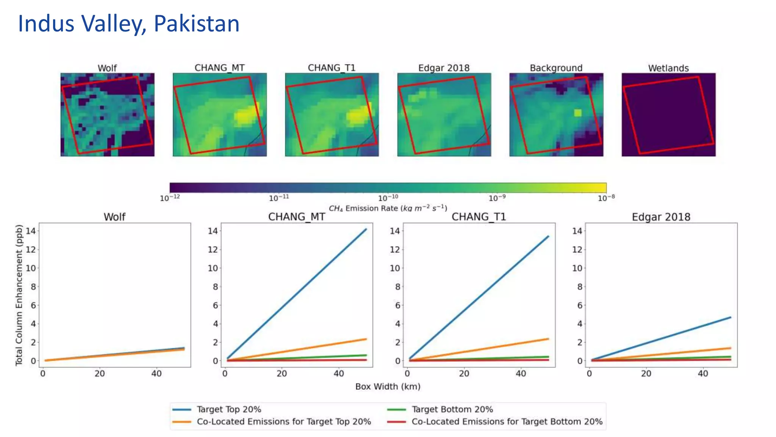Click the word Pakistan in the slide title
[x=196, y=24]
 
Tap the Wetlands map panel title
[x=668, y=68]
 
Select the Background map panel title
[x=556, y=68]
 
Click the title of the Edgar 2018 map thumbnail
[x=444, y=68]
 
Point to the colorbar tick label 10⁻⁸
[x=606, y=198]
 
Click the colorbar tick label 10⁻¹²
[x=170, y=198]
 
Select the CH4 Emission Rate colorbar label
[x=388, y=208]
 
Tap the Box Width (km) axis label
[x=388, y=387]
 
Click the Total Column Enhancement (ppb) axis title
[x=19, y=295]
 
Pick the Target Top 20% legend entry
[x=228, y=409]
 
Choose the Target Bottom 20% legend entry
[x=452, y=409]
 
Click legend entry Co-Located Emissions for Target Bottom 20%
[x=507, y=421]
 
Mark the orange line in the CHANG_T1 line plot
[x=477, y=349]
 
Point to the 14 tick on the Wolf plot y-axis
[x=31, y=231]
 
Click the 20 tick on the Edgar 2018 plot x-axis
[x=646, y=374]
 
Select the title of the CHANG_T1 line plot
[x=479, y=217]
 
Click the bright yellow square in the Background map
[x=577, y=113]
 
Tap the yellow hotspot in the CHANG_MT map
[x=246, y=115]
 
